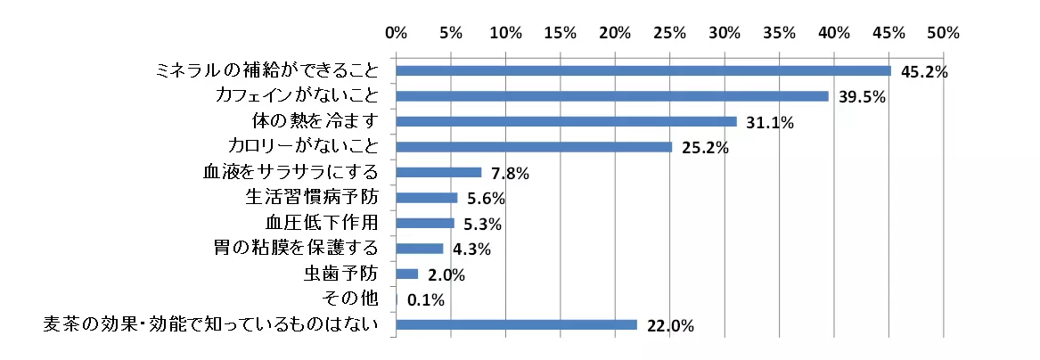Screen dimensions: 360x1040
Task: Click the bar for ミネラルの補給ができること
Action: tap(643, 70)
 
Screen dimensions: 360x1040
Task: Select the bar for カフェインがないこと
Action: tap(612, 96)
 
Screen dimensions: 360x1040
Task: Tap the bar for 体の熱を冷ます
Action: tap(566, 121)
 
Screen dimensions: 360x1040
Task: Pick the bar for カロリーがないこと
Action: tap(534, 147)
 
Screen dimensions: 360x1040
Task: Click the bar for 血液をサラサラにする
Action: tap(438, 172)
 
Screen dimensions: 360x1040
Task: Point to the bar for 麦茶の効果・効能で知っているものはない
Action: tap(516, 324)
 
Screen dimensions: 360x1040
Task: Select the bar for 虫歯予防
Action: tap(407, 274)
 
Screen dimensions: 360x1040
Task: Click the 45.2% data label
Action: tap(923, 72)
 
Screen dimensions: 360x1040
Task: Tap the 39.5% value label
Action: tap(861, 97)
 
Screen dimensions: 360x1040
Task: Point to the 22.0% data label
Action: tap(670, 326)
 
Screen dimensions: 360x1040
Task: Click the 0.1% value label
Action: tap(425, 300)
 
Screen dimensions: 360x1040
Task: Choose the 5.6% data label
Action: tap(486, 199)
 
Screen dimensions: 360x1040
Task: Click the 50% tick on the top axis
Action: tap(943, 33)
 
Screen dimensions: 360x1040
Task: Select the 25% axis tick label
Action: tap(669, 33)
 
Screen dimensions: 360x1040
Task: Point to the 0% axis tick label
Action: tap(396, 33)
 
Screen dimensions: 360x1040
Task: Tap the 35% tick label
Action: tap(779, 33)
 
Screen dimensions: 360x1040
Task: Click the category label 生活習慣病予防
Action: tap(311, 197)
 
